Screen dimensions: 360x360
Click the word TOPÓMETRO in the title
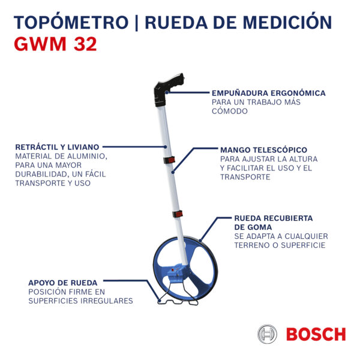pyautogui.click(x=71, y=22)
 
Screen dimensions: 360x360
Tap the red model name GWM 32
pyautogui.click(x=55, y=44)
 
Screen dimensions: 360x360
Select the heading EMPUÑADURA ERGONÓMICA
pyautogui.click(x=268, y=93)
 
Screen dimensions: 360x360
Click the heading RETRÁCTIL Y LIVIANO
pyautogui.click(x=57, y=147)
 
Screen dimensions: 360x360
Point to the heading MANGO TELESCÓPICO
pyautogui.click(x=263, y=149)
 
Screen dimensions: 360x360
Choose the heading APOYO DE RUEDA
pyautogui.click(x=62, y=283)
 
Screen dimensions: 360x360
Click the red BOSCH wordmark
pyautogui.click(x=316, y=334)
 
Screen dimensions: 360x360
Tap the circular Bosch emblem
pyautogui.click(x=267, y=334)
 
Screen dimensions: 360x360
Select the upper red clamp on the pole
pyautogui.click(x=169, y=160)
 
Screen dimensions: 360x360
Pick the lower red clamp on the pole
pyautogui.click(x=178, y=214)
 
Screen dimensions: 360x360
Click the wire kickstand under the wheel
pyautogui.click(x=178, y=295)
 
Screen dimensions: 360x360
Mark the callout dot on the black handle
pyautogui.click(x=167, y=92)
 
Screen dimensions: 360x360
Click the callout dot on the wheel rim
pyautogui.click(x=200, y=241)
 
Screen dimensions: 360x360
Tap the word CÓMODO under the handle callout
pyautogui.click(x=230, y=110)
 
